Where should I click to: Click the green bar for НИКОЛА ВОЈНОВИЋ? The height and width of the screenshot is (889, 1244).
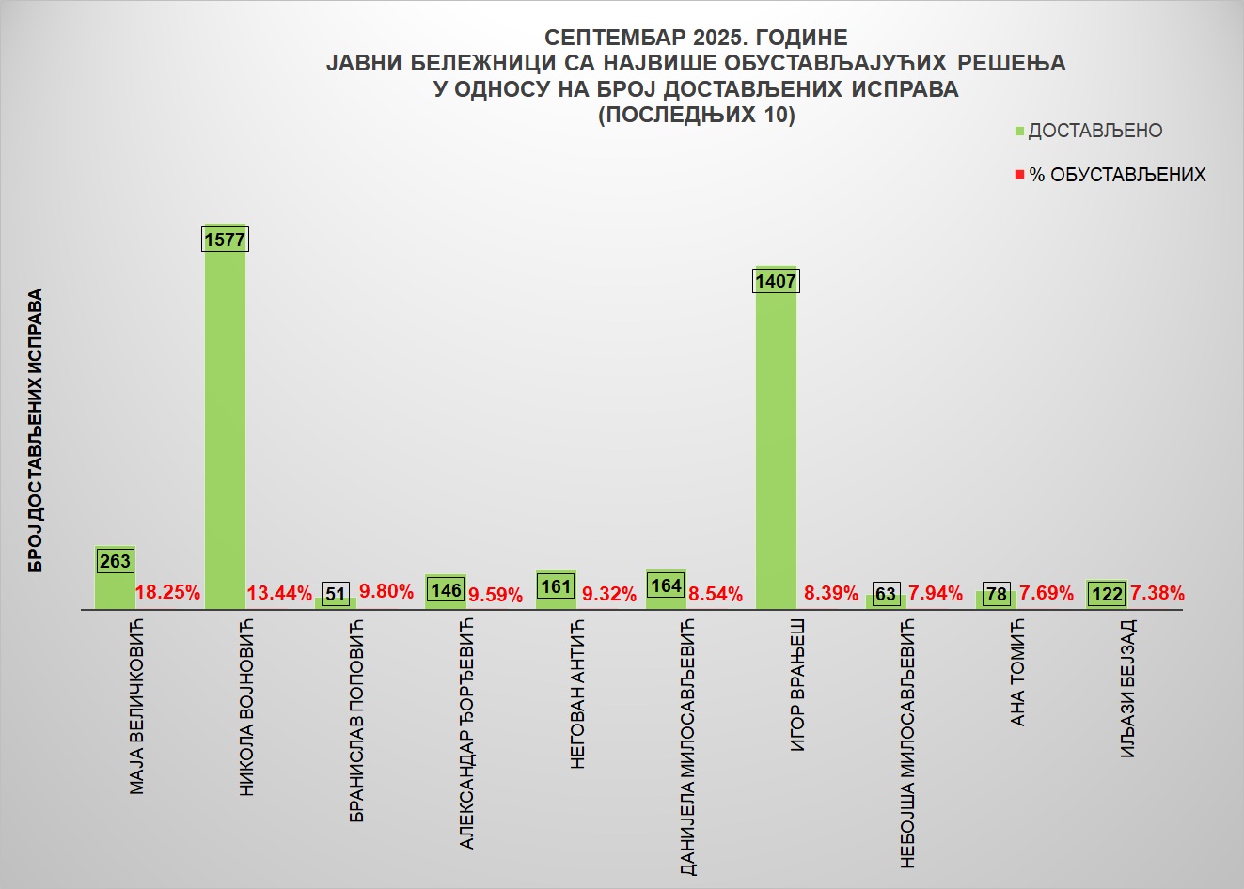pyautogui.click(x=225, y=423)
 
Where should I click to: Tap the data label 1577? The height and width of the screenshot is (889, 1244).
pyautogui.click(x=225, y=240)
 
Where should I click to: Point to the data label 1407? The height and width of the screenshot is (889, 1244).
pyautogui.click(x=776, y=281)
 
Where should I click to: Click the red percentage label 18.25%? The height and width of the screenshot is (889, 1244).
pyautogui.click(x=168, y=593)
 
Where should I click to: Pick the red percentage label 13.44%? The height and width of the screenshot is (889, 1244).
pyautogui.click(x=279, y=593)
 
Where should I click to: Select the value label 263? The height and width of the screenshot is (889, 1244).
pyautogui.click(x=115, y=561)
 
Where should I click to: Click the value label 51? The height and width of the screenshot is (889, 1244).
pyautogui.click(x=336, y=594)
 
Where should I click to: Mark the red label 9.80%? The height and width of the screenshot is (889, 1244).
pyautogui.click(x=386, y=592)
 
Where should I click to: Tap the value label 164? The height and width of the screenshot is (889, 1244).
pyautogui.click(x=666, y=585)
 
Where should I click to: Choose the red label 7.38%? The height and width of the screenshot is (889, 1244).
pyautogui.click(x=1157, y=593)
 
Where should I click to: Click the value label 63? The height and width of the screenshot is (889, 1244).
pyautogui.click(x=886, y=594)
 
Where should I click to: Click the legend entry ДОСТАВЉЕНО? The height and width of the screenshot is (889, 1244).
pyautogui.click(x=1094, y=132)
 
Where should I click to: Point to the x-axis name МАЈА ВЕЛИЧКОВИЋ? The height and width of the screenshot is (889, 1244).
pyautogui.click(x=138, y=705)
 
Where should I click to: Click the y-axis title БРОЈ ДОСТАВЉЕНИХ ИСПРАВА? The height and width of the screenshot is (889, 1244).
pyautogui.click(x=36, y=430)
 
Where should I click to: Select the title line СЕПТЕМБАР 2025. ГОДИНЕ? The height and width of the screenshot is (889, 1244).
pyautogui.click(x=696, y=38)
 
